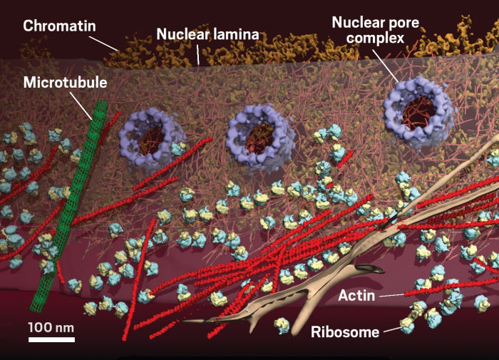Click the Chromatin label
click(x=59, y=26)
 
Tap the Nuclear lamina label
click(x=208, y=34)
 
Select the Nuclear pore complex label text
click(x=376, y=30)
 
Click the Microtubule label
click(x=66, y=83)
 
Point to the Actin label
click(x=356, y=296)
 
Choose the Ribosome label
click(x=345, y=332)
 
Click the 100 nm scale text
click(x=51, y=327)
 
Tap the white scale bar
click(x=51, y=339)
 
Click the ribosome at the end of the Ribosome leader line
click(x=407, y=325)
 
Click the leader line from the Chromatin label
click(x=103, y=43)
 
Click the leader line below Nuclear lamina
click(x=197, y=54)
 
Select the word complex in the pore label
click(x=376, y=38)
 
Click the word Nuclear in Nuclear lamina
click(x=181, y=34)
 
